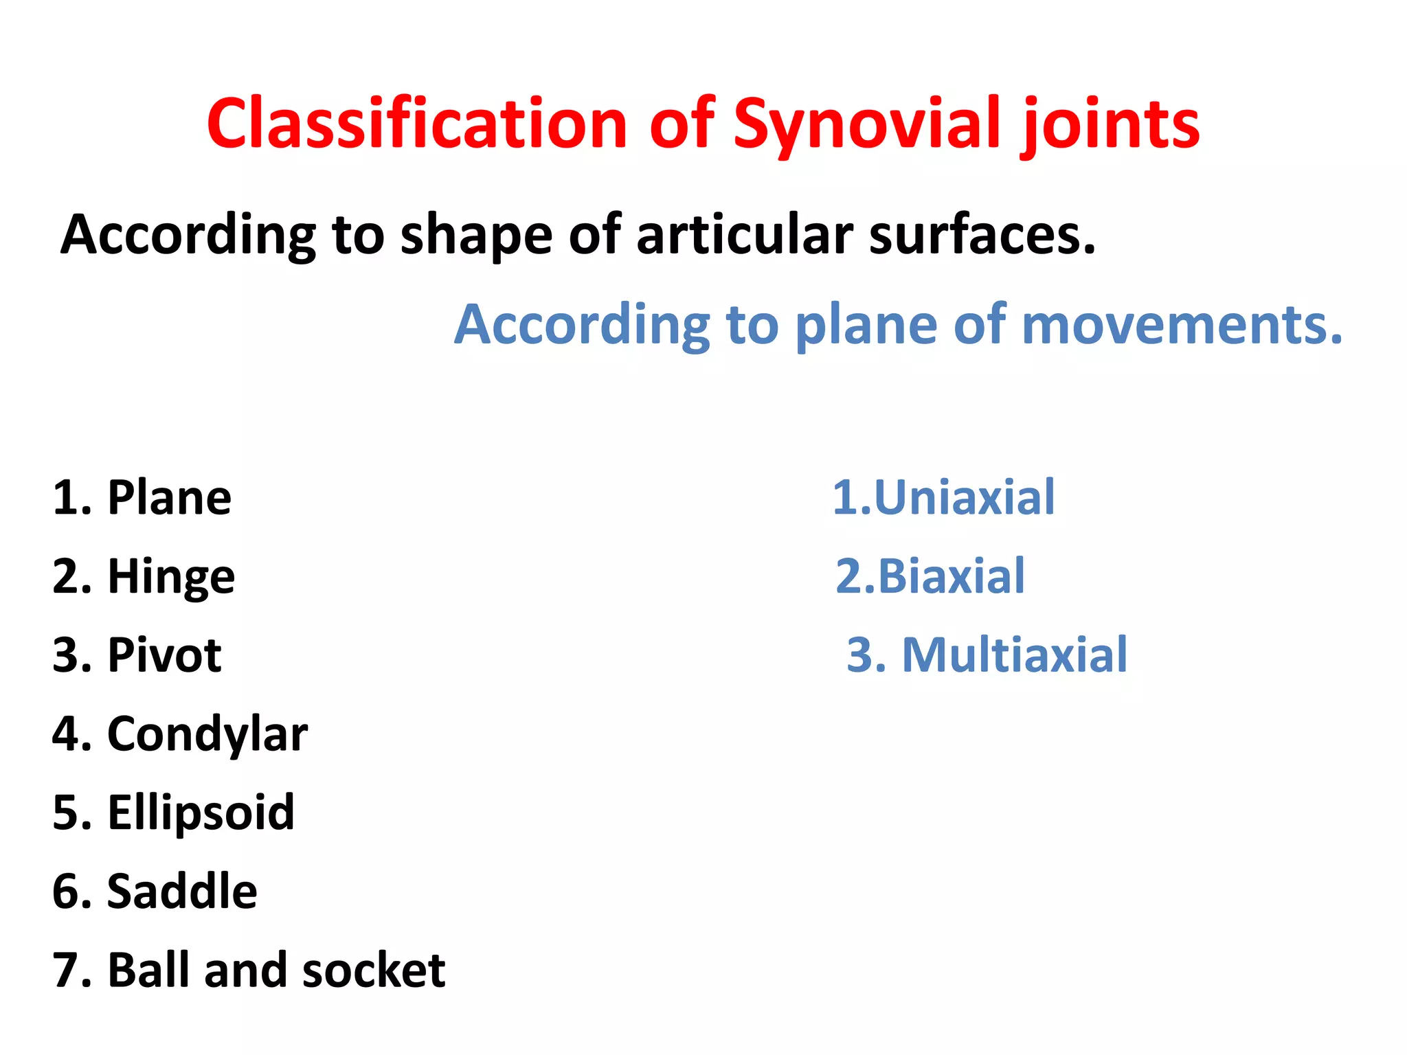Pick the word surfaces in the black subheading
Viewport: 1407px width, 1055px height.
[982, 236]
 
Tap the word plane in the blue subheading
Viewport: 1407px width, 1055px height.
[866, 324]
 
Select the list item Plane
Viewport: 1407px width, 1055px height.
[169, 497]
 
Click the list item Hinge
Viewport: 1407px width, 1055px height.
[171, 577]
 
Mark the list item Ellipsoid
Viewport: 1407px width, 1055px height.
[201, 813]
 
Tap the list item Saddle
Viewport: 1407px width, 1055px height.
[182, 892]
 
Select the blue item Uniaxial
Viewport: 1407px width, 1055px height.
[964, 497]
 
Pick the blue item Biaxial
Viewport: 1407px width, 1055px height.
[951, 576]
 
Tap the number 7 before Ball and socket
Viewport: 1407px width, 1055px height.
[67, 970]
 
